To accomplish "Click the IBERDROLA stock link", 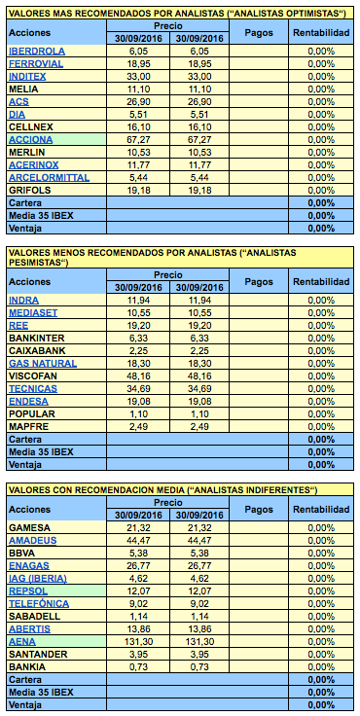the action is point(36,50).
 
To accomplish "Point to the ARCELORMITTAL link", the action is point(48,178).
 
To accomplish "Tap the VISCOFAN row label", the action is point(32,376).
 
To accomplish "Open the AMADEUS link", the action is point(32,540).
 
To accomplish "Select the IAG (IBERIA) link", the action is point(42,578).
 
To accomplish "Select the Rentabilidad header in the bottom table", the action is point(320,508).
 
